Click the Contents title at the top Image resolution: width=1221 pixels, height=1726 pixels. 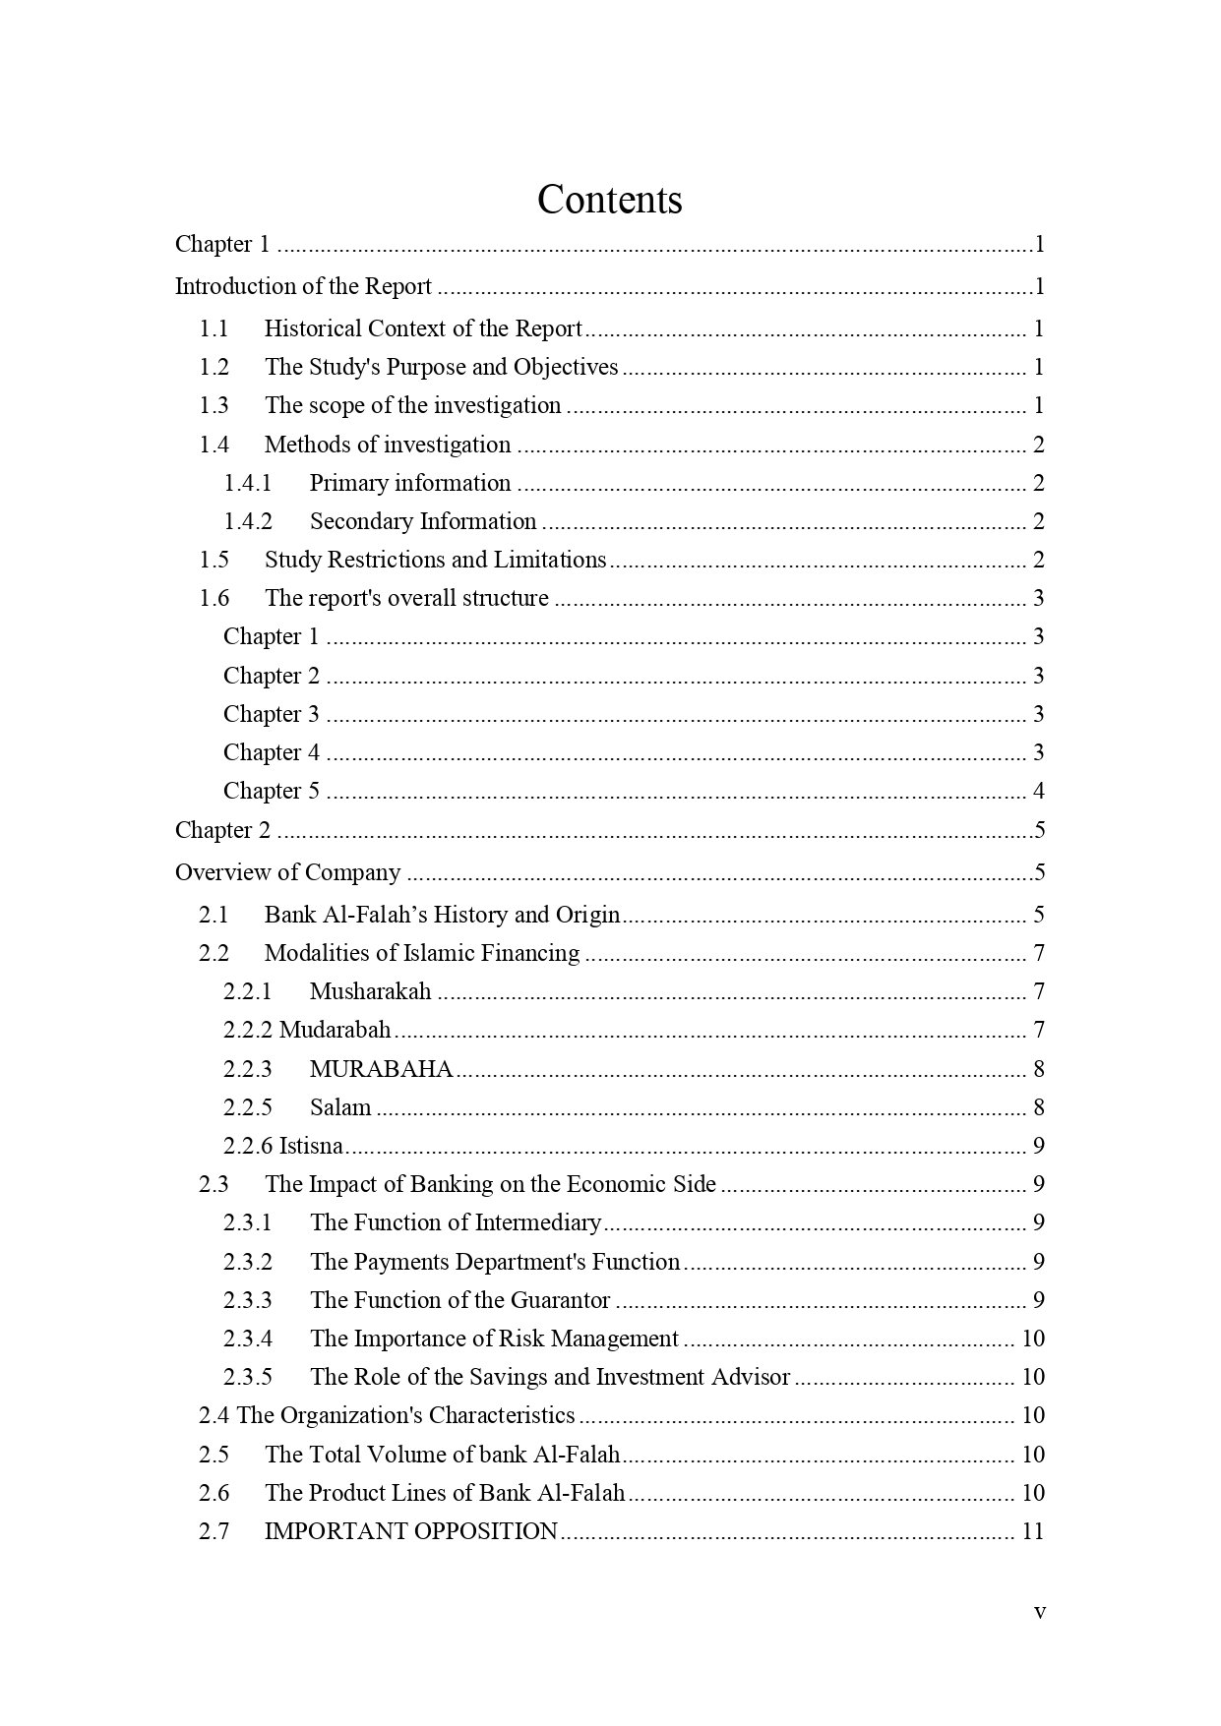click(x=609, y=200)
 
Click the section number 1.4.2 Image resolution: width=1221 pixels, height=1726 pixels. click(x=247, y=521)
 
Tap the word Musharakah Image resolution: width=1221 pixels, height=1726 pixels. click(x=370, y=991)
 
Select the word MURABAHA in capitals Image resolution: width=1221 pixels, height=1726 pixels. click(x=381, y=1069)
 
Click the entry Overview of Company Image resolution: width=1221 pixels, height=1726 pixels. click(x=287, y=872)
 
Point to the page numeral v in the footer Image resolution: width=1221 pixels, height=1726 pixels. click(x=1039, y=1612)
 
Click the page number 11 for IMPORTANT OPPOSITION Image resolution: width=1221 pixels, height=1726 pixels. click(x=1032, y=1531)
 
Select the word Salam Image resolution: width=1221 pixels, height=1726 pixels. click(x=340, y=1107)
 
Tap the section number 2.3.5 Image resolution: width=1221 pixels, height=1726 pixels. click(x=247, y=1377)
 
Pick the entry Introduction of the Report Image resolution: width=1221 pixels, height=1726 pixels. click(x=303, y=286)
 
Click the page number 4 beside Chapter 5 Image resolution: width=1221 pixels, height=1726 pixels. click(x=1038, y=791)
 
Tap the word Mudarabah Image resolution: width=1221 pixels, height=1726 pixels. click(x=335, y=1030)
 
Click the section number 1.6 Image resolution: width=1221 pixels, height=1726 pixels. click(x=214, y=598)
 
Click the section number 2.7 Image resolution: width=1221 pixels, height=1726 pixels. click(x=214, y=1531)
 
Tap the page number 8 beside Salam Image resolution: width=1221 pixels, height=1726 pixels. click(x=1038, y=1107)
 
